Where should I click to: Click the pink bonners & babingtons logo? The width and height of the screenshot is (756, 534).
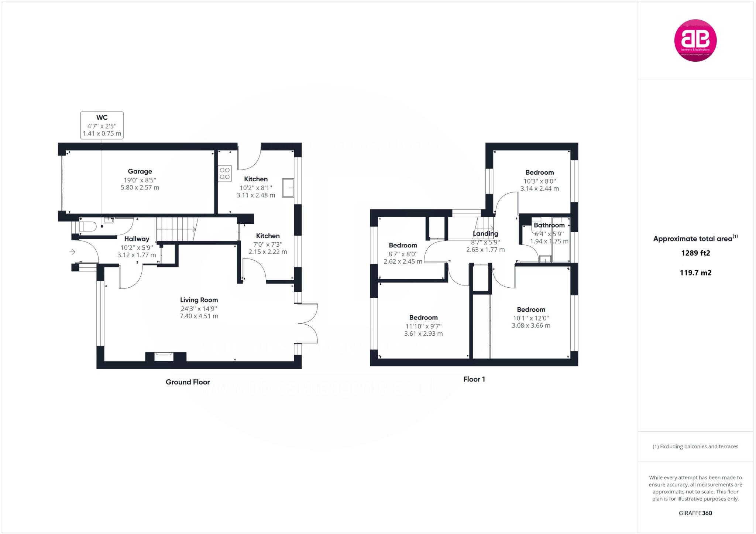[x=695, y=40]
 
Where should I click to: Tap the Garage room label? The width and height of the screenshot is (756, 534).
[x=140, y=171]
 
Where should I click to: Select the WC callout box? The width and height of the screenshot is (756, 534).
[x=102, y=126]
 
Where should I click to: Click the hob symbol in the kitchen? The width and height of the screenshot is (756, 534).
[x=225, y=174]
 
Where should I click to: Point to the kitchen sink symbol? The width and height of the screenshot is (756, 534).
[x=288, y=188]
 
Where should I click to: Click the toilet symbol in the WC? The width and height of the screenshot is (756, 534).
[x=87, y=226]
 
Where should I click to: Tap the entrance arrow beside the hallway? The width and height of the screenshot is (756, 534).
[x=72, y=252]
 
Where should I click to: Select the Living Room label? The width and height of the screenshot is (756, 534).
[x=199, y=300]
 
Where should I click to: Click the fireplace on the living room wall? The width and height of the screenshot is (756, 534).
[x=164, y=356]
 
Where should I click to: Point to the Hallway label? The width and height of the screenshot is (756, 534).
[x=137, y=239]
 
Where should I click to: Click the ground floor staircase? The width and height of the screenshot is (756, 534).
[x=176, y=229]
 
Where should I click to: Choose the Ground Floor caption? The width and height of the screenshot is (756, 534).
[x=188, y=382]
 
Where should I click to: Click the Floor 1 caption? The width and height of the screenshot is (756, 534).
[x=474, y=379]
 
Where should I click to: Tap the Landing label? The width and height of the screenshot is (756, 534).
[x=485, y=233]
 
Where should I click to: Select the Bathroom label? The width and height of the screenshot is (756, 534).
[x=549, y=225]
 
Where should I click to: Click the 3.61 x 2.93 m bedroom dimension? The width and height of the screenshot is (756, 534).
[x=423, y=334]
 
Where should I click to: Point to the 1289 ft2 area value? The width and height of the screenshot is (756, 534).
[x=695, y=253]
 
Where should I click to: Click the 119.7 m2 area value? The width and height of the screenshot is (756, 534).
[x=695, y=273]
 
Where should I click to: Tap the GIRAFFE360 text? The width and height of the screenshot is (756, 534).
[x=695, y=513]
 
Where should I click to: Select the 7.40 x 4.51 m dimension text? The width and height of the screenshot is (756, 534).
[x=199, y=316]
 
